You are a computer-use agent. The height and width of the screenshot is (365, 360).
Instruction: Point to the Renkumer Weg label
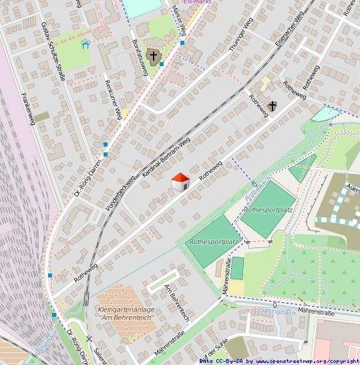(112, 100)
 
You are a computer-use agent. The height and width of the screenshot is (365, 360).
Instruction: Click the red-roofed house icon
(180, 181)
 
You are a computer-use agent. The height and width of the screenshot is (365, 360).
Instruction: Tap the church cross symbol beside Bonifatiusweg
(154, 58)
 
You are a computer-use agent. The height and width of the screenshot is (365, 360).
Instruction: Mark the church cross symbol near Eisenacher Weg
(272, 106)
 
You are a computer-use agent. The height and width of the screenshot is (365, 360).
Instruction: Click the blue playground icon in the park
(85, 44)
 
